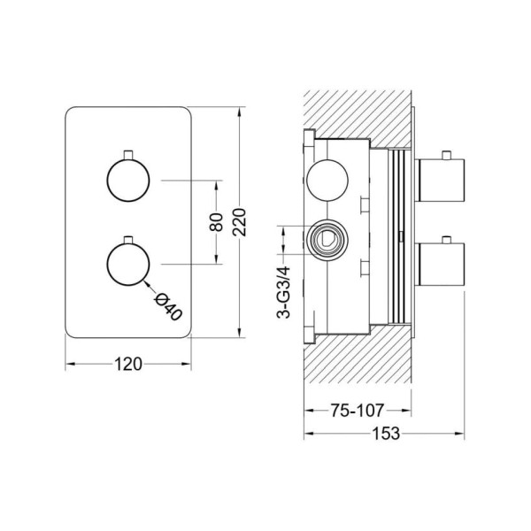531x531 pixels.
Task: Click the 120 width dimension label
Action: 128,365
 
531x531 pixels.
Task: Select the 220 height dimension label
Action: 240,222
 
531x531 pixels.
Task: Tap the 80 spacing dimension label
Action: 217,222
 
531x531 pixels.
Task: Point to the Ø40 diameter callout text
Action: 168,307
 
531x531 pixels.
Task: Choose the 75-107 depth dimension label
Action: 357,411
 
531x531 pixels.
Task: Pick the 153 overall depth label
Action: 386,434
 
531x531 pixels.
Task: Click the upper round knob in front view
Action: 128,181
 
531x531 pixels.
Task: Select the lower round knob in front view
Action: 128,264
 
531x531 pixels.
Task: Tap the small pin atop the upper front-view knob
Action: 128,154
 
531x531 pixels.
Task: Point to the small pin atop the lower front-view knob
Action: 128,240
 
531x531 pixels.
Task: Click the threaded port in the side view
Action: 327,240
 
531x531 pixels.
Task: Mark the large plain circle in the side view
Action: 327,181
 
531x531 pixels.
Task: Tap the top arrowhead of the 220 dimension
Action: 240,112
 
